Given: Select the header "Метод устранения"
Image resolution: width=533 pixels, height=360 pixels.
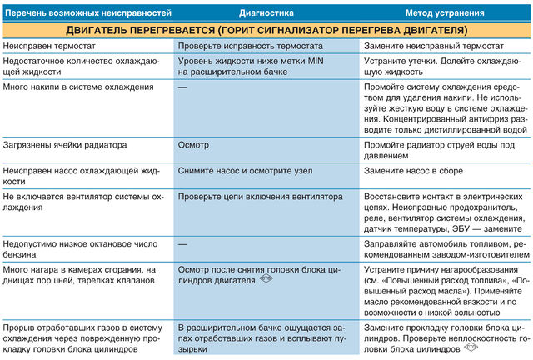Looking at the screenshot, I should [x=446, y=13].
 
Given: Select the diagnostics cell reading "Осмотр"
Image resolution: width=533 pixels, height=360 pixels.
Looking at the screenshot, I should [x=193, y=144].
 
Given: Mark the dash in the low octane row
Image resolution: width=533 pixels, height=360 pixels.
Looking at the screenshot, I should [x=182, y=241].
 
